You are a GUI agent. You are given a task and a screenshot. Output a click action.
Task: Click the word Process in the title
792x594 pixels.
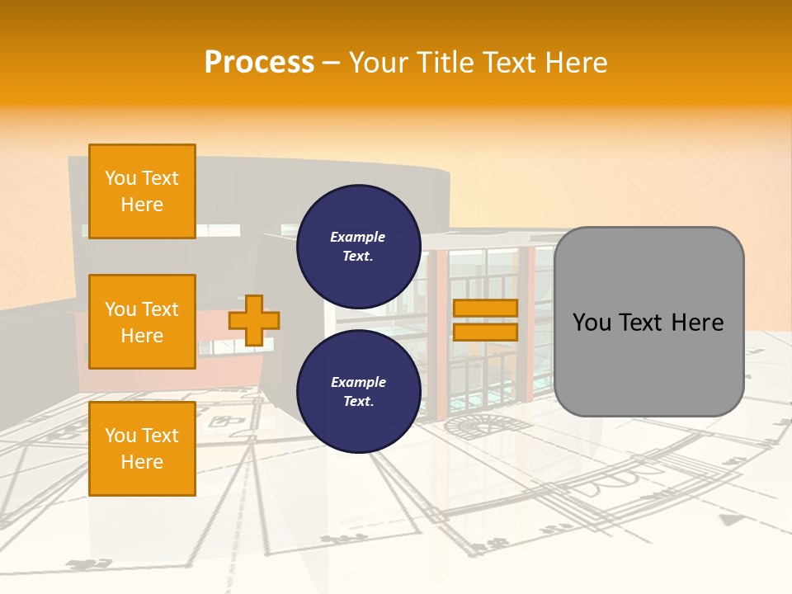[x=259, y=63]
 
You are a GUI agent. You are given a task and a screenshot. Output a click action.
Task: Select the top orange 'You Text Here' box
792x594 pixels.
[x=142, y=191]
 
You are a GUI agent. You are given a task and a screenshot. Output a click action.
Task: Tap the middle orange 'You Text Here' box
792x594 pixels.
[x=142, y=322]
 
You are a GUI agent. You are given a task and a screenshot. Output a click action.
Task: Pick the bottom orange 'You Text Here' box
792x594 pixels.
[x=142, y=448]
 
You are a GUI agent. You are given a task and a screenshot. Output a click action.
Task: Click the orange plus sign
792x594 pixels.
[x=254, y=320]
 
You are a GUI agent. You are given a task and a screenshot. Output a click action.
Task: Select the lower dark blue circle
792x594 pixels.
[x=358, y=391]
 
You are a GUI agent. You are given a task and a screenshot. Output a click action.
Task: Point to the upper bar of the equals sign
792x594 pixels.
[x=485, y=309]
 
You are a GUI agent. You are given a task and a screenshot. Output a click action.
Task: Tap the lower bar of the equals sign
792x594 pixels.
[x=485, y=332]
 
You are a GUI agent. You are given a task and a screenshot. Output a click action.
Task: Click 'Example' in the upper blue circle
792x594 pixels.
[x=358, y=237]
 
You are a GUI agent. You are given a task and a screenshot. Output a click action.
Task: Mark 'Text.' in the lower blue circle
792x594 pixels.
[x=358, y=401]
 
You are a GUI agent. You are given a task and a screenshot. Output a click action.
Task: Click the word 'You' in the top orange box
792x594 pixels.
[x=120, y=178]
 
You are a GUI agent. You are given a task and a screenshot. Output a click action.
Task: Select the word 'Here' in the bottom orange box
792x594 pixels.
[x=142, y=462]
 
